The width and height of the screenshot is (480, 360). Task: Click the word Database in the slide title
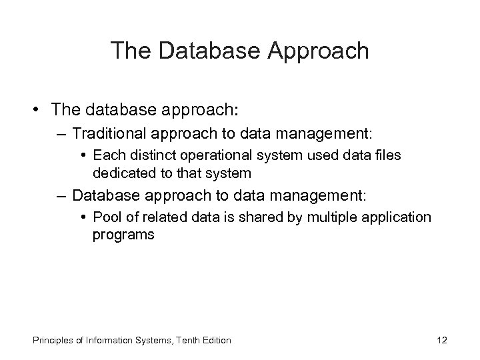click(x=201, y=50)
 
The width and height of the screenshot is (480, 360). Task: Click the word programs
click(x=123, y=235)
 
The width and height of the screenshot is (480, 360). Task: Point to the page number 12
click(x=441, y=340)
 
